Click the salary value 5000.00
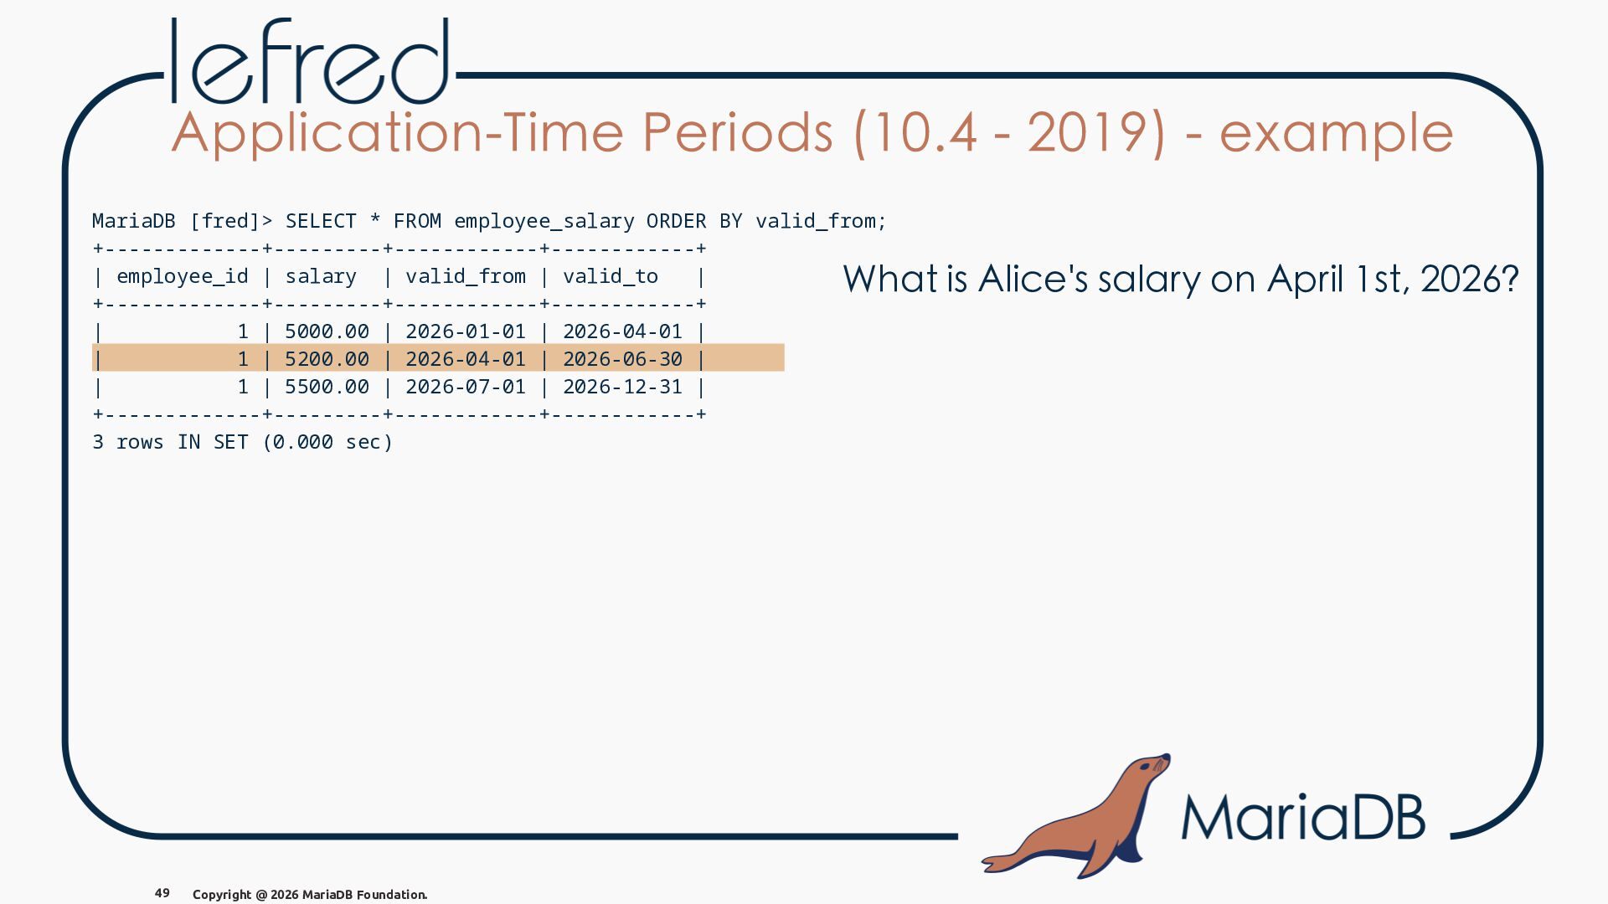pyautogui.click(x=327, y=331)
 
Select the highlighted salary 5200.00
pyautogui.click(x=327, y=359)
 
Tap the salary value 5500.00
pyautogui.click(x=327, y=387)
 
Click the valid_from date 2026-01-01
pyautogui.click(x=466, y=331)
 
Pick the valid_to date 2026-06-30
pyautogui.click(x=623, y=359)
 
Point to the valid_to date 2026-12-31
pyautogui.click(x=623, y=387)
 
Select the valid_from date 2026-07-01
pyautogui.click(x=466, y=387)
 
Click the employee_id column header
pyautogui.click(x=183, y=277)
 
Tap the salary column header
pyautogui.click(x=321, y=277)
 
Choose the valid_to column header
pyautogui.click(x=611, y=276)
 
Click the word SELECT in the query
pyautogui.click(x=321, y=221)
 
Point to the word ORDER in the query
pyautogui.click(x=676, y=221)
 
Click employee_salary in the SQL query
pyautogui.click(x=544, y=222)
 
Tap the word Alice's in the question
pyautogui.click(x=1033, y=279)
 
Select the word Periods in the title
pyautogui.click(x=737, y=133)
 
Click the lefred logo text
pyautogui.click(x=311, y=61)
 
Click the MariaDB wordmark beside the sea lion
pyautogui.click(x=1303, y=817)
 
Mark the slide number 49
pyautogui.click(x=162, y=893)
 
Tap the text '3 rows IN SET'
pyautogui.click(x=170, y=442)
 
